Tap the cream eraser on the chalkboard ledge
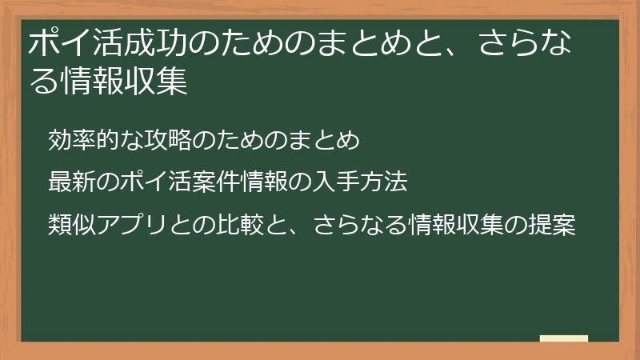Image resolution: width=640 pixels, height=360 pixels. pos(564,338)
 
